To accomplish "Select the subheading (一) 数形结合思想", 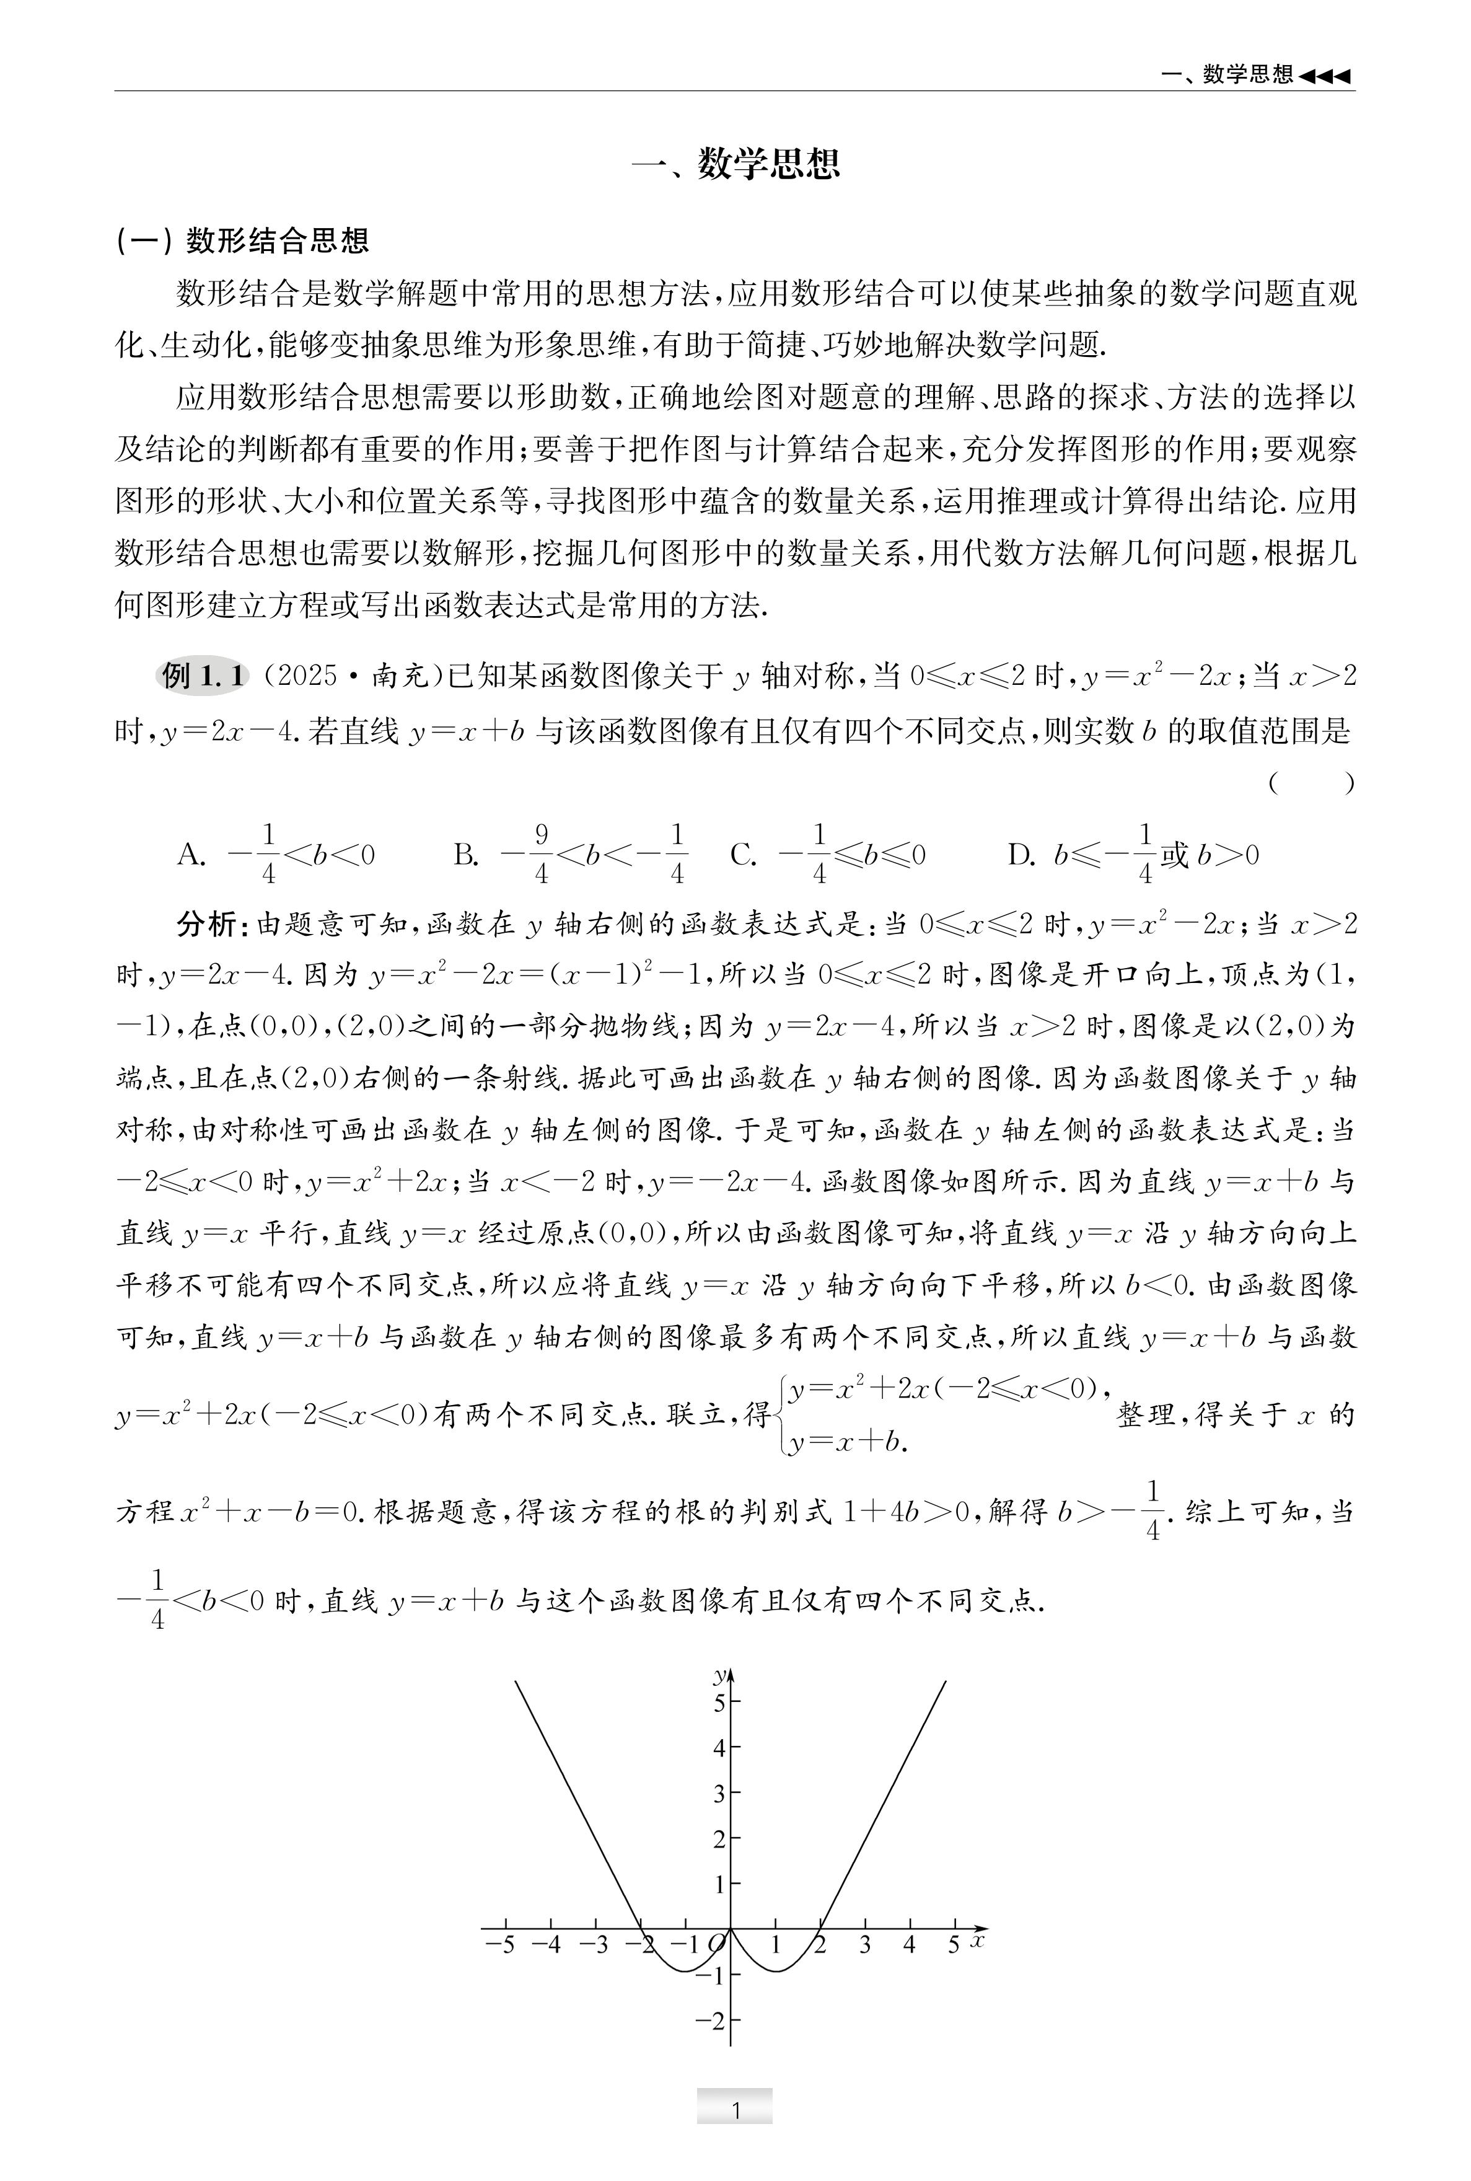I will (x=242, y=241).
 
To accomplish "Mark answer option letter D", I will (x=1021, y=855).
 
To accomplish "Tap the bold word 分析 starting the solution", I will (x=206, y=924).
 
